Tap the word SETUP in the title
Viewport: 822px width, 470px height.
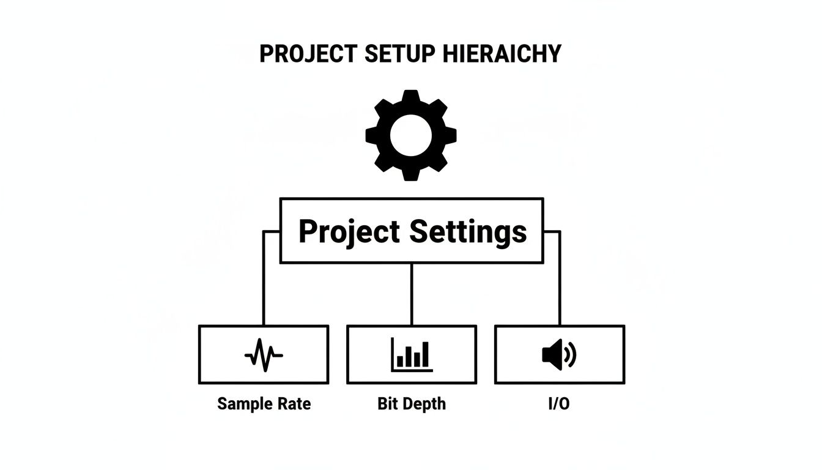click(400, 54)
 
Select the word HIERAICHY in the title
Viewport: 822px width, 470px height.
click(500, 54)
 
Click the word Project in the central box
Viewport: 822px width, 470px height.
click(349, 232)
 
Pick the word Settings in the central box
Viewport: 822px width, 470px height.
click(468, 232)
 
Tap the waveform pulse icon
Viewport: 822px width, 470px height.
click(264, 355)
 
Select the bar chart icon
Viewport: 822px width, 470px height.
click(412, 355)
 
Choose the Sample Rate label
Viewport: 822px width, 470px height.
click(264, 404)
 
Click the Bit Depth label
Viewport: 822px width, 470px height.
click(412, 404)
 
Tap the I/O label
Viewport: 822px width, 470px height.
click(559, 404)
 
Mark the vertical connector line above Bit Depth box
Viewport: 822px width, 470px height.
click(412, 294)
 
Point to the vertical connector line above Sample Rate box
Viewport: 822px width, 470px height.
click(264, 278)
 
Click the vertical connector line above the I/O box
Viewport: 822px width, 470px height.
click(560, 278)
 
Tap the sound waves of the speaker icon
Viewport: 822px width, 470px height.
click(571, 355)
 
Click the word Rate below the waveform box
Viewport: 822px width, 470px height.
click(294, 404)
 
